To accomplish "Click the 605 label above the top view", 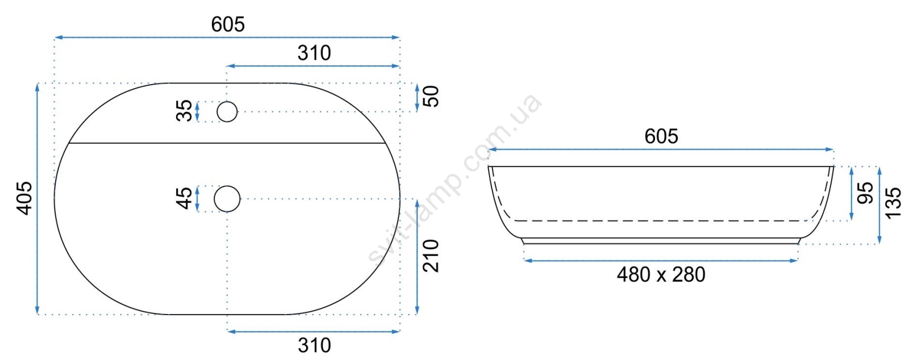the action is pyautogui.click(x=228, y=25).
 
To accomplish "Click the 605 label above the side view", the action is pyautogui.click(x=661, y=137).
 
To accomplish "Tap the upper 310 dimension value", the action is pyautogui.click(x=314, y=53).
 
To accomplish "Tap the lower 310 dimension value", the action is pyautogui.click(x=314, y=345).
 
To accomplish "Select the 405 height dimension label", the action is pyautogui.click(x=24, y=198).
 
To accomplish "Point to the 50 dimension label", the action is pyautogui.click(x=431, y=96).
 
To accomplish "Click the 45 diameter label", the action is pyautogui.click(x=185, y=198).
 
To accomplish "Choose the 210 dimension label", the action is pyautogui.click(x=431, y=256).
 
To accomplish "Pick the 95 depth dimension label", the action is pyautogui.click(x=865, y=193).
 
